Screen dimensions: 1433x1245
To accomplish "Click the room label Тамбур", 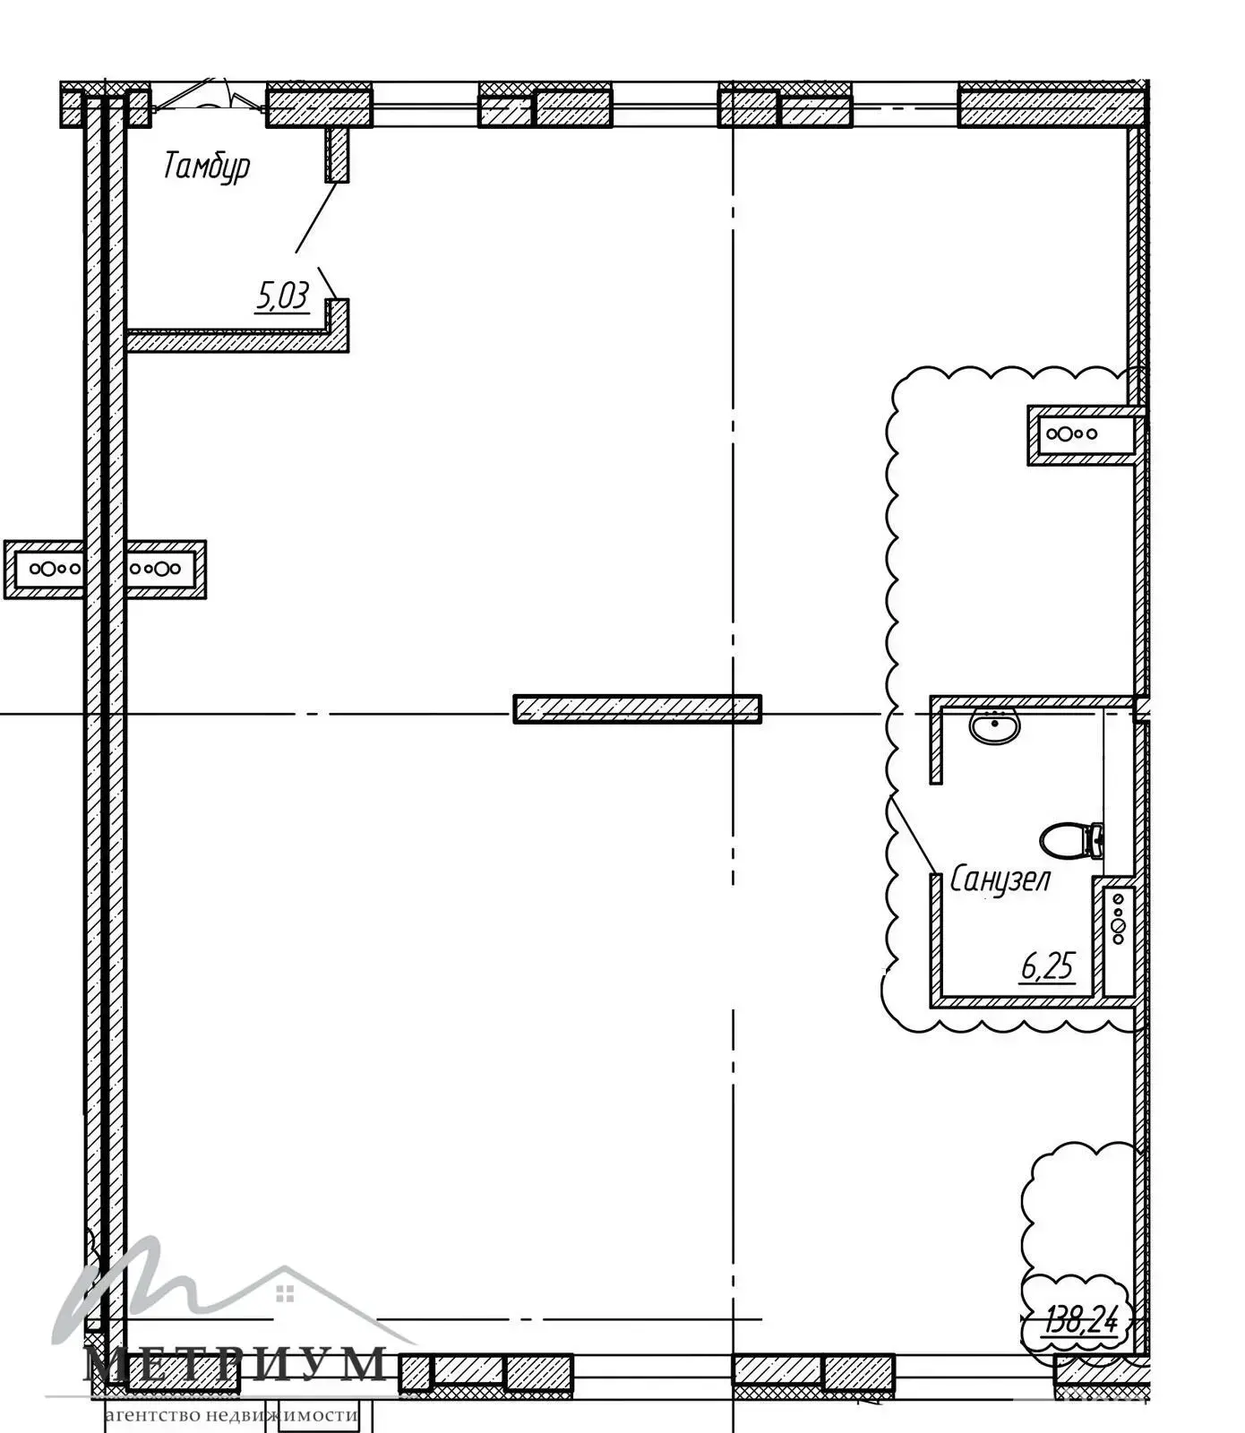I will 206,167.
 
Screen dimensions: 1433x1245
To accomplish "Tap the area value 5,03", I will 282,296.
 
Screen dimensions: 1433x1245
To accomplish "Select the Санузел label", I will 1000,880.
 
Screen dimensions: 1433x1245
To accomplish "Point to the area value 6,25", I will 1047,966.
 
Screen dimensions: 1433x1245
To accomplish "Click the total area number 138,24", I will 1081,1319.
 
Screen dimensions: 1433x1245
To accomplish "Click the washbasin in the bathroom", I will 993,725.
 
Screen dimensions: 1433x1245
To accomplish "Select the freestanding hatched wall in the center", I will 637,708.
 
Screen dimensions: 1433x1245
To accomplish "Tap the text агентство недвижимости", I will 231,1416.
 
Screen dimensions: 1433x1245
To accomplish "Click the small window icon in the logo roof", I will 285,1292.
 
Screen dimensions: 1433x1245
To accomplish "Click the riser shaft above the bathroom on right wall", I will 1084,434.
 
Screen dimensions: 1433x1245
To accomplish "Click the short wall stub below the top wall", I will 337,154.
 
